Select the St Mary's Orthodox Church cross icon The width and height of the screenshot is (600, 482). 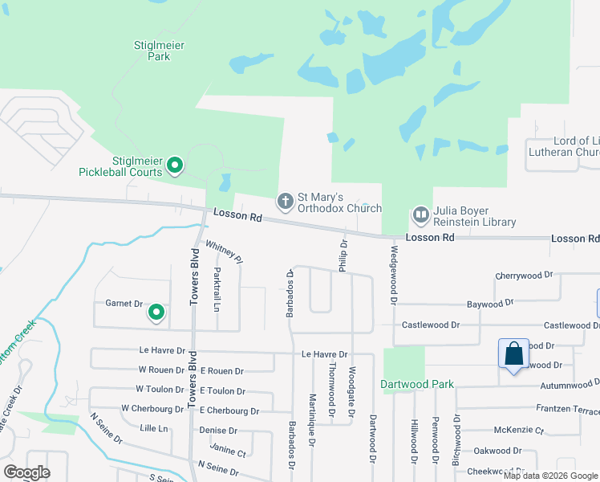285,201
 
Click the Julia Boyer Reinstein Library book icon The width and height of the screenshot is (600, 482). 420,214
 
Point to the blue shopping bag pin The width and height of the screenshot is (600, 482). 513,353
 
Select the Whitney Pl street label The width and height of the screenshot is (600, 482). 224,251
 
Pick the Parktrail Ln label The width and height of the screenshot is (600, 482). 217,289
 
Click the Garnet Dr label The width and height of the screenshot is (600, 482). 124,304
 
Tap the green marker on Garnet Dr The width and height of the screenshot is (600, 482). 156,312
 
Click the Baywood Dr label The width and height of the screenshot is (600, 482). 489,304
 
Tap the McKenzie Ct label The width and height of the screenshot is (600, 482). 519,430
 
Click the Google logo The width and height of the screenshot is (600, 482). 26,472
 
